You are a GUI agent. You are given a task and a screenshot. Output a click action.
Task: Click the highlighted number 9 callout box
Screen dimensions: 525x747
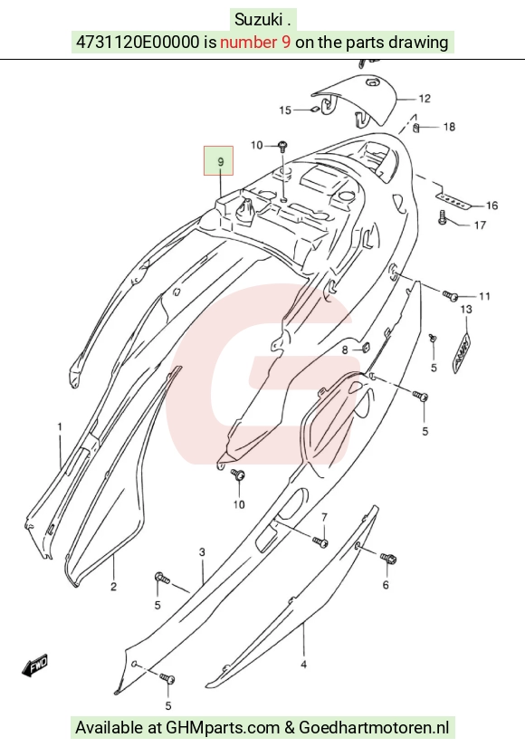tap(219, 160)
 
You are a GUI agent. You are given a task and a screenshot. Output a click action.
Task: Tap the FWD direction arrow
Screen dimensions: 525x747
tap(35, 666)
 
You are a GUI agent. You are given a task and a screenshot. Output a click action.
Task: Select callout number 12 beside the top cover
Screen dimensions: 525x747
tap(425, 99)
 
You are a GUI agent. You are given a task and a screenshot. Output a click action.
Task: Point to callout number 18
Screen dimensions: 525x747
tap(449, 127)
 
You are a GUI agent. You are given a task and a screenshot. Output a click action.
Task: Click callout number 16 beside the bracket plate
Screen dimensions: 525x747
tap(492, 206)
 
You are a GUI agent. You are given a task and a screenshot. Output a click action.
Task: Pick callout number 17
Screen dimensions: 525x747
tap(480, 225)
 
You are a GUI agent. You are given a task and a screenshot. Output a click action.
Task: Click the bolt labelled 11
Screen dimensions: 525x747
tap(450, 296)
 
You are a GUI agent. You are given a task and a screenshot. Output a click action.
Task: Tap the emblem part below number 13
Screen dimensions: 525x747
tap(461, 351)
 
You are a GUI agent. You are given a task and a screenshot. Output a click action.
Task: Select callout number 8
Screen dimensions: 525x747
tap(345, 350)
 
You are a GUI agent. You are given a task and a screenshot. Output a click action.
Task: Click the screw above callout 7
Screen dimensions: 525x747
tap(320, 541)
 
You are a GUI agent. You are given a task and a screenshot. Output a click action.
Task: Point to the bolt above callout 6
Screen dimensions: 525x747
tap(388, 558)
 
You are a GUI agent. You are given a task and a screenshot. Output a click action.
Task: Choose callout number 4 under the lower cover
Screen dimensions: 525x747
tap(304, 664)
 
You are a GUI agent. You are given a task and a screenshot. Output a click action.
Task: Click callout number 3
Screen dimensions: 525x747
tap(202, 552)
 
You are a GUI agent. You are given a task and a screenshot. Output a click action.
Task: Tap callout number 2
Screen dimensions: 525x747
tap(113, 586)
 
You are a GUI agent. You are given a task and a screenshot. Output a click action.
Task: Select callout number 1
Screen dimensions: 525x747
tap(60, 426)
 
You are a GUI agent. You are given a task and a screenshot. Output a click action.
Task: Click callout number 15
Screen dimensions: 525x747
tap(285, 110)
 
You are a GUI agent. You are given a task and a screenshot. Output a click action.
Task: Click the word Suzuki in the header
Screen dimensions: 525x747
tap(258, 20)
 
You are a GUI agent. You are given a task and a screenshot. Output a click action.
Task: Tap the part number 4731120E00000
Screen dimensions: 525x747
tap(138, 42)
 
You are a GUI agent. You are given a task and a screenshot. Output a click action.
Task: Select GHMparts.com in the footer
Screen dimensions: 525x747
tap(223, 728)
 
